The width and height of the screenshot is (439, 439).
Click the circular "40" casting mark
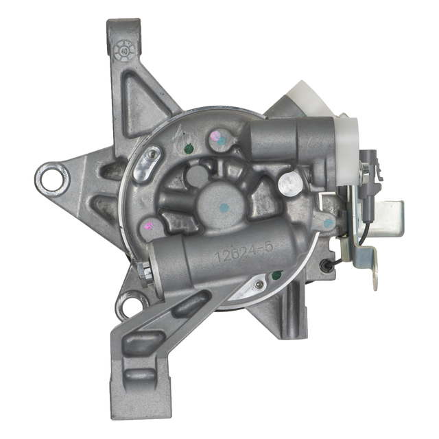tap(125, 49)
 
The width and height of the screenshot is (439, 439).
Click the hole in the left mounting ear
tap(51, 178)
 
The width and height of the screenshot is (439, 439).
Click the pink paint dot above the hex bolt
tap(146, 225)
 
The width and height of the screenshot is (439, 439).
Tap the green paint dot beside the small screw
tap(276, 275)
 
